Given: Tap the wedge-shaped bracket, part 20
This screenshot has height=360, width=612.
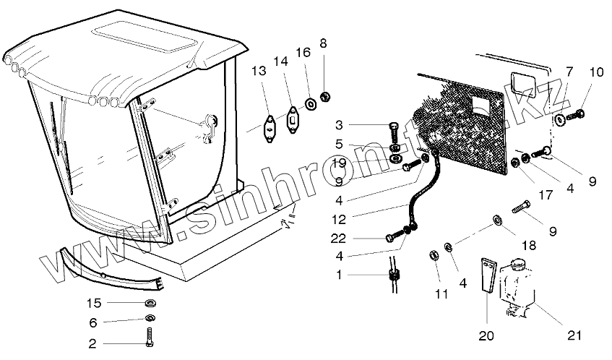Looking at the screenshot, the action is (487, 278).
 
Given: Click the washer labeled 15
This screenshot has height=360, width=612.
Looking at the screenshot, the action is (152, 302).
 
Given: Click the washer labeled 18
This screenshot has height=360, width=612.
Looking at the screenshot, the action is (497, 219).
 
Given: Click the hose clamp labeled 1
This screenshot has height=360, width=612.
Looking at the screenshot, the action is (395, 275).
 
